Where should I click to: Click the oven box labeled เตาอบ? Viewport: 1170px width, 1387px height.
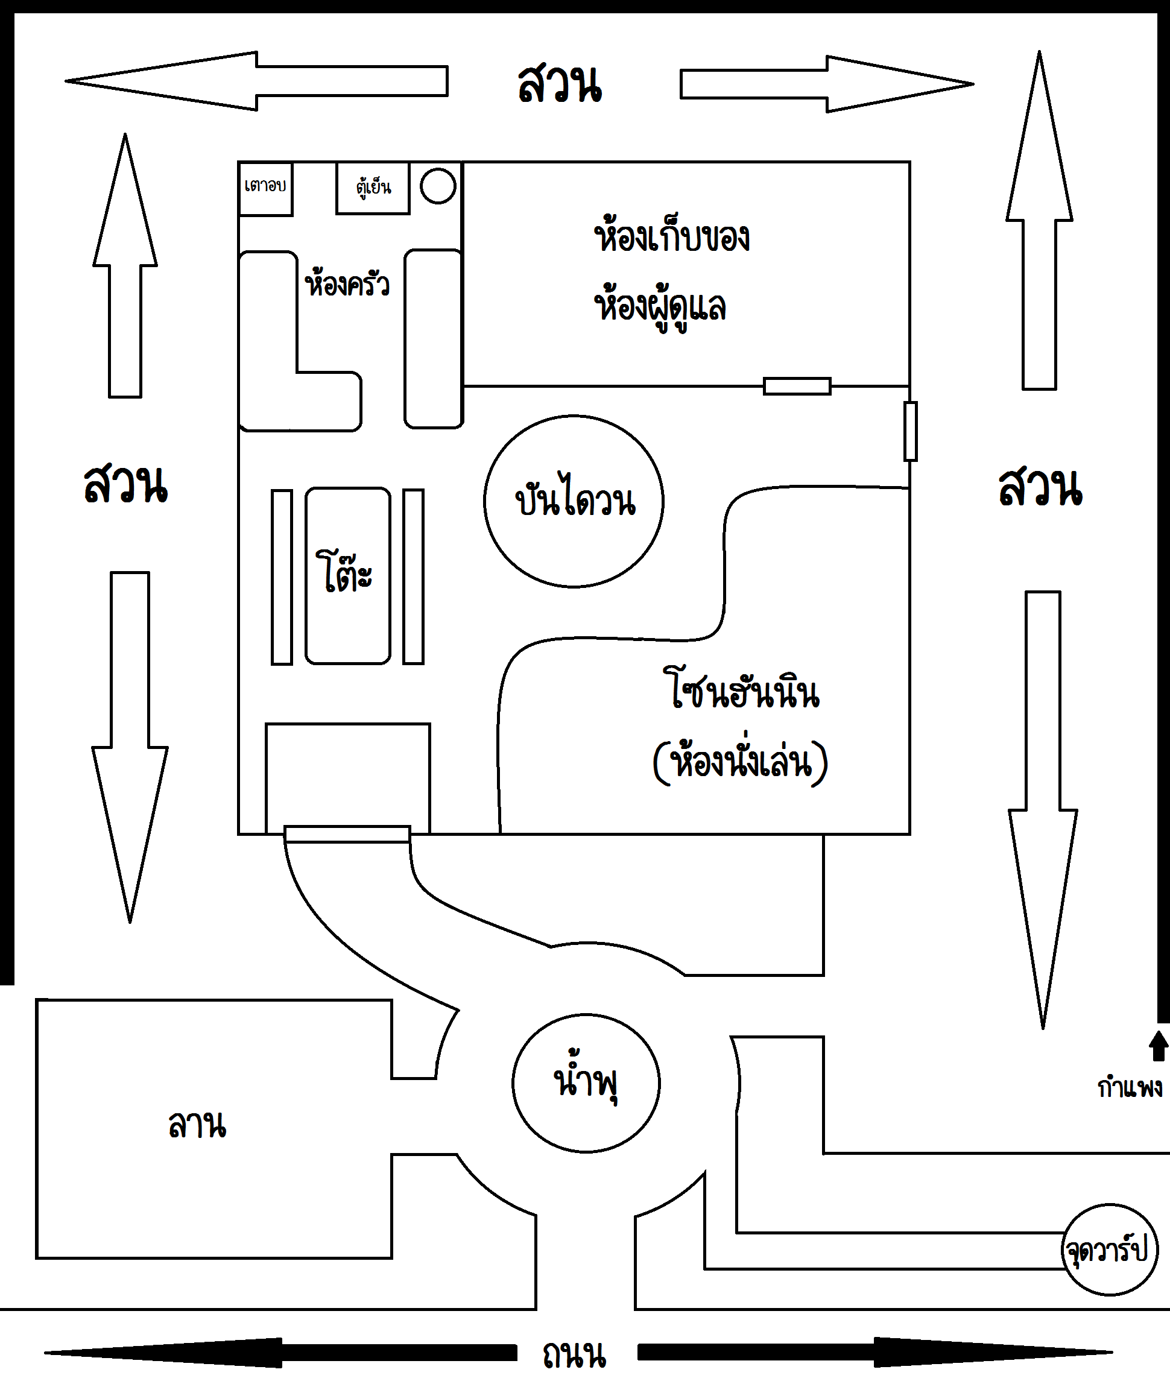click(265, 188)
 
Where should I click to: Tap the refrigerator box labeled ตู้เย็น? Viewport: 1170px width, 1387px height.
click(373, 188)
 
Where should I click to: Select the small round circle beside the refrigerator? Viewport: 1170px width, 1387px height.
click(438, 186)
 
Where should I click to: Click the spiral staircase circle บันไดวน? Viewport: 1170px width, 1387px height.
click(574, 502)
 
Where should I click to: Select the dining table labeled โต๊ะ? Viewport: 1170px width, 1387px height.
click(347, 576)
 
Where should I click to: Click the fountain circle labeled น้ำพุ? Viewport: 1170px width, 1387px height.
click(586, 1083)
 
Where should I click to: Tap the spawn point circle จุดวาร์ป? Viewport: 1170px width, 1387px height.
click(1110, 1250)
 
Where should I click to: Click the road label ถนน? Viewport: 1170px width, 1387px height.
click(574, 1355)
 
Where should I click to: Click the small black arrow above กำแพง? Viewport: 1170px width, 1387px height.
click(1158, 1046)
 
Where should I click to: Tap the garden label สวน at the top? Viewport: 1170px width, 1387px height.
click(560, 84)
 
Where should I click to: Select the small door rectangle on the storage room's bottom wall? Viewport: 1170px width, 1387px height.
click(797, 386)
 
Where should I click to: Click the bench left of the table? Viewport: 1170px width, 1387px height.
click(282, 577)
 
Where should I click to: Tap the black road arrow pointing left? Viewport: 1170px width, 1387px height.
click(280, 1353)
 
